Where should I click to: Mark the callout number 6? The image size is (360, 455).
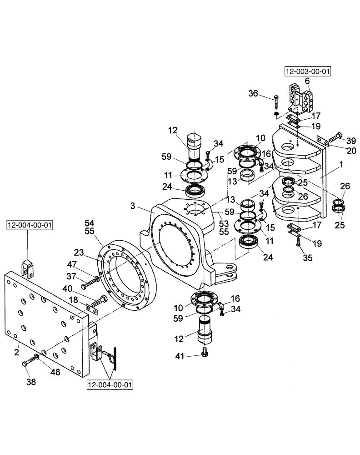pyautogui.click(x=307, y=81)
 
